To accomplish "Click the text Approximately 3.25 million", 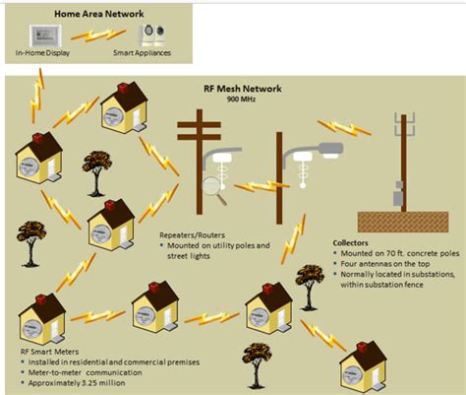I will tap(73, 386).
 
